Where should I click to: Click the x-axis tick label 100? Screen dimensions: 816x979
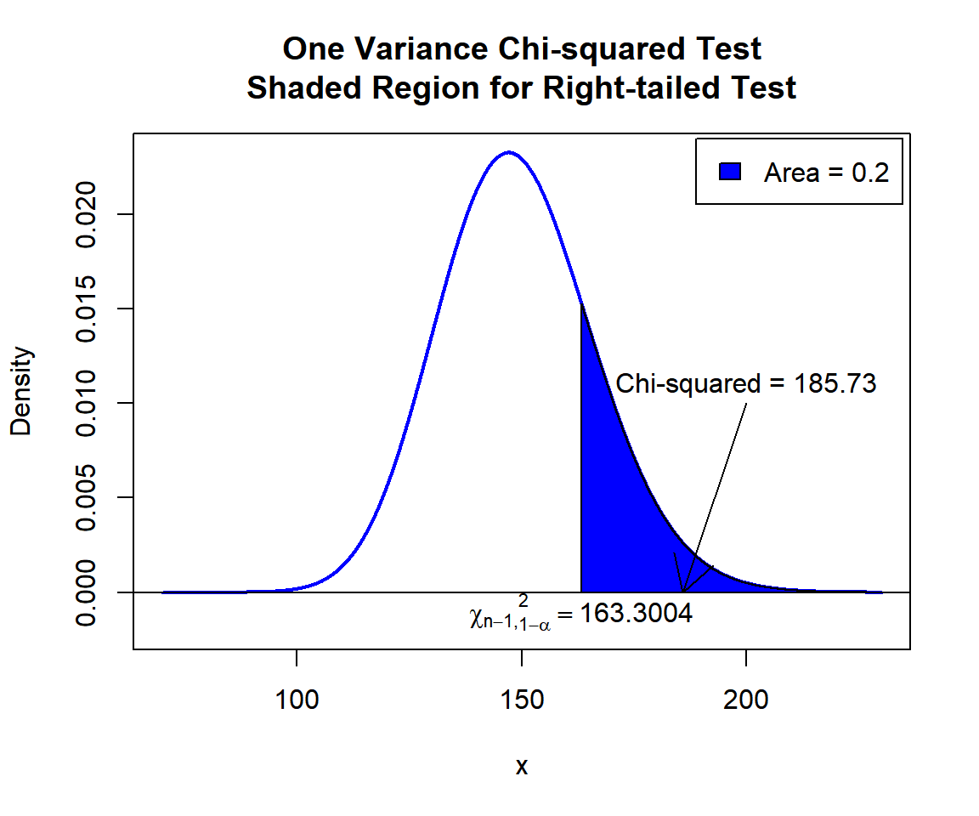tap(297, 700)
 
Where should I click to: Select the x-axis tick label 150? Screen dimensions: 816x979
tap(522, 700)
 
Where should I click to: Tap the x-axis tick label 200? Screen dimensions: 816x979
tap(746, 700)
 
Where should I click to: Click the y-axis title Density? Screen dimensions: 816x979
tap(21, 391)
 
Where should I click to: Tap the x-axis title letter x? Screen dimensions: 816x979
tap(522, 767)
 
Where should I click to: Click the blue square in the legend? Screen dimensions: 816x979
tap(731, 172)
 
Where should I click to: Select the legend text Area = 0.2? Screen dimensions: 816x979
tap(826, 173)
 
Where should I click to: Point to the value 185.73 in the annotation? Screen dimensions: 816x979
tap(835, 383)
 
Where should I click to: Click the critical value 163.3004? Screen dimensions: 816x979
tap(636, 614)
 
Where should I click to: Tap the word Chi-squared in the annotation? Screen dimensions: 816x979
tap(688, 383)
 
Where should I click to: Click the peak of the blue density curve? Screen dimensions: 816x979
tap(508, 153)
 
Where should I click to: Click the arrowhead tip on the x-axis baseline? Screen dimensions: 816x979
tap(683, 591)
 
